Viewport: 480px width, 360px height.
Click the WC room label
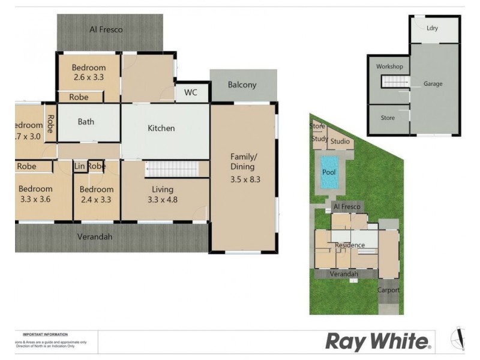(x=190, y=93)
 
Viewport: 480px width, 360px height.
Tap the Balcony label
(x=242, y=85)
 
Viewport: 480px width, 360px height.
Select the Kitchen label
(x=161, y=128)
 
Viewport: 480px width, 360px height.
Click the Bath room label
(x=86, y=122)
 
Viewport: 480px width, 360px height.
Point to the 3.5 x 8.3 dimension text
(x=246, y=179)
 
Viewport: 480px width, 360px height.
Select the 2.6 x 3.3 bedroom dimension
(x=88, y=78)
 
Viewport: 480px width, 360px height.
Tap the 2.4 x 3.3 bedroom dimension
(x=96, y=200)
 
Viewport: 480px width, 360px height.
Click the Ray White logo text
(x=378, y=342)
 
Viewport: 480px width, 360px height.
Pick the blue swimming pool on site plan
(x=329, y=173)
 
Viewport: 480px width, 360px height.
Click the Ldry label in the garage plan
(x=432, y=28)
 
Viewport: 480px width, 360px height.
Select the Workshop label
(x=389, y=66)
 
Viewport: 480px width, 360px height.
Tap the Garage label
(x=433, y=84)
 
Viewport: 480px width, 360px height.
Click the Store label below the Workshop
(x=388, y=118)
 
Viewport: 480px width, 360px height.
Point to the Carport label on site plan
(x=388, y=290)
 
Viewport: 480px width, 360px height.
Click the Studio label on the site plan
(x=340, y=142)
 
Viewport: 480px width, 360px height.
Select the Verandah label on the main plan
(x=95, y=237)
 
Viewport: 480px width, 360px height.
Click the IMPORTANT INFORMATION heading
(x=45, y=334)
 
